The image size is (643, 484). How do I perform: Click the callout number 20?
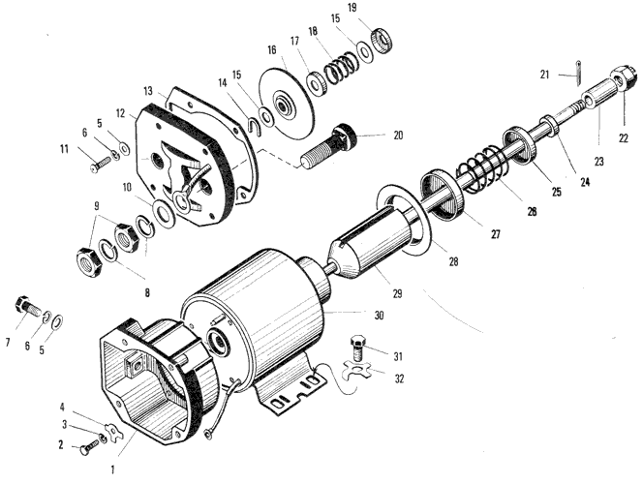point(398,136)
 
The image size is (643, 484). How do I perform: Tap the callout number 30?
point(380,316)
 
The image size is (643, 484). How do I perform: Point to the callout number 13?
point(147,91)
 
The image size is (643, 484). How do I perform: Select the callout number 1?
point(112,469)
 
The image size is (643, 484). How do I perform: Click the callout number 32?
point(399,378)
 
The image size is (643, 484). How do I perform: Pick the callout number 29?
point(397,293)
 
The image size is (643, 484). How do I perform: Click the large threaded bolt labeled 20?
point(329,146)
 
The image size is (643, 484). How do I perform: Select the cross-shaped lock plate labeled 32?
point(356,370)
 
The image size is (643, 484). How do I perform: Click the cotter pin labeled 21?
point(578,74)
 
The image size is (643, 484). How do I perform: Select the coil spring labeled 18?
point(339,68)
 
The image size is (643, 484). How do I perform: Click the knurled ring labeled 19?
point(383,41)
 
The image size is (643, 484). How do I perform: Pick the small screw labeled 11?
point(102,165)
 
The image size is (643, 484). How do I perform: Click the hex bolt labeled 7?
point(27,306)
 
